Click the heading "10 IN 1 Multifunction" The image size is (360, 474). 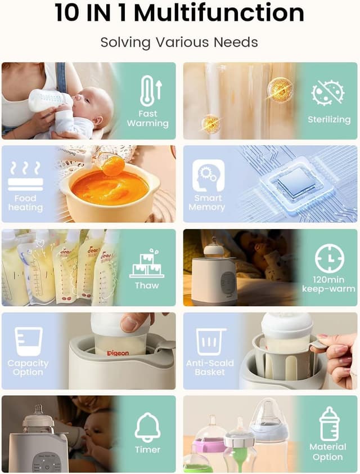[x=179, y=14]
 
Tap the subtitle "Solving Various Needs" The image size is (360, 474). [x=179, y=42]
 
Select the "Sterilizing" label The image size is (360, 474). [x=328, y=119]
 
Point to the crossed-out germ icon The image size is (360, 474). [x=328, y=93]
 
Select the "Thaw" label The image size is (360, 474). [x=147, y=285]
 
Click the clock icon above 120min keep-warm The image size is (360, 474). [x=329, y=258]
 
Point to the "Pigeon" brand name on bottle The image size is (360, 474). [x=117, y=353]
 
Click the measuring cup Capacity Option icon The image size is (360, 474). [x=28, y=341]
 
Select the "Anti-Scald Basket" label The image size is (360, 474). [x=210, y=367]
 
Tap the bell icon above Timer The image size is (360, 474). [x=147, y=428]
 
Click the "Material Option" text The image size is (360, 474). [x=328, y=451]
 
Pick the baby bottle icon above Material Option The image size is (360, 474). [x=328, y=423]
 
